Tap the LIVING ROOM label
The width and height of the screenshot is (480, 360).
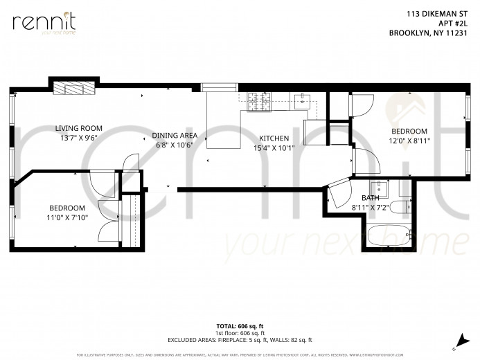pyautogui.click(x=79, y=128)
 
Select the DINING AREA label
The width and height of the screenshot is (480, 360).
pyautogui.click(x=175, y=136)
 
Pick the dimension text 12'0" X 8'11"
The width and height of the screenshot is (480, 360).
pyautogui.click(x=409, y=141)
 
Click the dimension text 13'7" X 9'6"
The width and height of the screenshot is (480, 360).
pyautogui.click(x=79, y=137)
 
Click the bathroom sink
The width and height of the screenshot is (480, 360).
pyautogui.click(x=378, y=189)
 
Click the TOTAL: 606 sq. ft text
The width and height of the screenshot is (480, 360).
pyautogui.click(x=240, y=325)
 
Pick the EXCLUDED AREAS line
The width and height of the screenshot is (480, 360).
pyautogui.click(x=240, y=339)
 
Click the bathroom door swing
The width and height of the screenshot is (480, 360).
pyautogui.click(x=339, y=192)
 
